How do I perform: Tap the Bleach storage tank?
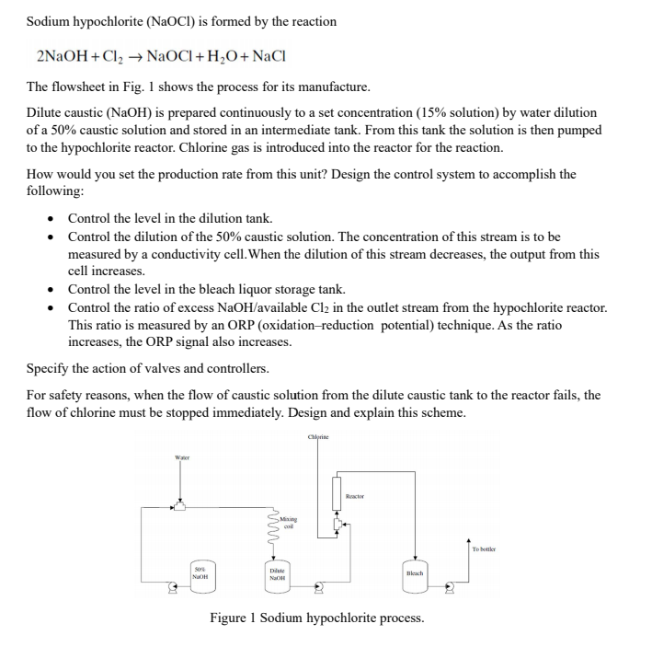click(x=413, y=571)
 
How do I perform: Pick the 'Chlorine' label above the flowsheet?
click(x=319, y=438)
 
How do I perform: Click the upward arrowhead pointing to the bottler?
click(x=470, y=540)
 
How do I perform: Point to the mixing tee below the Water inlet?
click(x=180, y=505)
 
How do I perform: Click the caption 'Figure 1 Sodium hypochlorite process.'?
click(x=316, y=618)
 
